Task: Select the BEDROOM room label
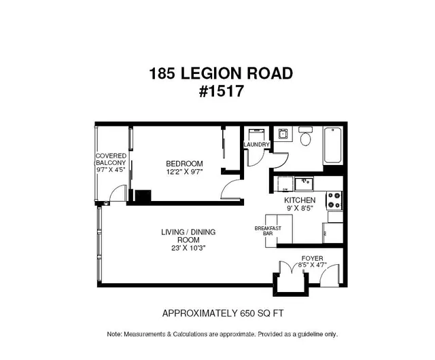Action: [x=184, y=164]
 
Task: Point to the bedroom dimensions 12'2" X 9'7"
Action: [x=184, y=173]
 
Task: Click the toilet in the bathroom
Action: [x=305, y=138]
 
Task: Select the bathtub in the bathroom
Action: [x=332, y=145]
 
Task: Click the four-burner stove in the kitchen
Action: [x=334, y=200]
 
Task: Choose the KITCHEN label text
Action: [x=299, y=200]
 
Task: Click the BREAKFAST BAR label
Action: [x=268, y=231]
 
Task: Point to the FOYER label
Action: [x=312, y=259]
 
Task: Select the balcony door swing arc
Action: [x=118, y=195]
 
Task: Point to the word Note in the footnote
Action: [x=114, y=334]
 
